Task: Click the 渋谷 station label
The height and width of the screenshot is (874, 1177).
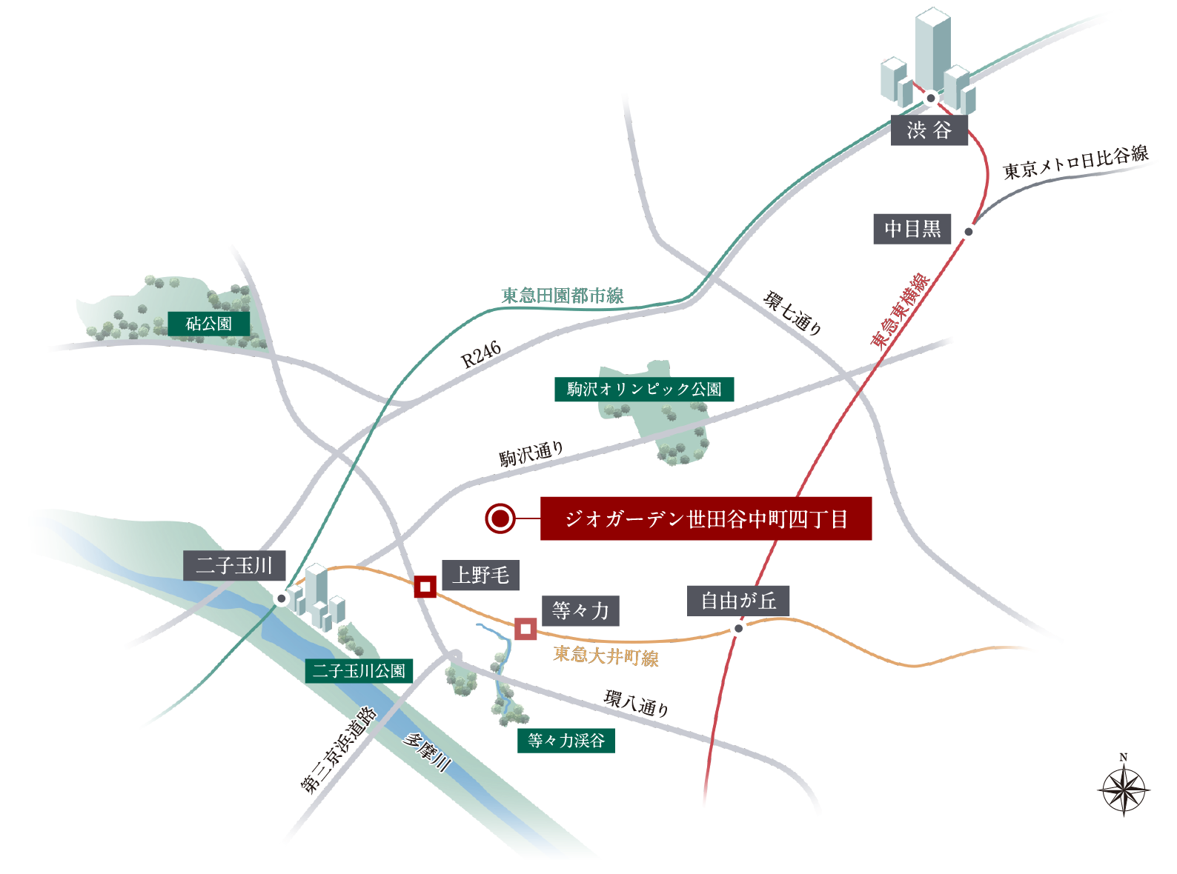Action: (x=929, y=130)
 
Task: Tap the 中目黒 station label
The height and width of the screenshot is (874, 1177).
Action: (x=912, y=229)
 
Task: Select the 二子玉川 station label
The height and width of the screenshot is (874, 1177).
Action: (x=234, y=566)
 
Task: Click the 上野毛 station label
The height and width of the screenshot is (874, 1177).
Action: (x=480, y=575)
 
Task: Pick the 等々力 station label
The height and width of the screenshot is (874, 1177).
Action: (x=580, y=611)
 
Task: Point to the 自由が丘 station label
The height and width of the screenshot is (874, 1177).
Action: (x=738, y=601)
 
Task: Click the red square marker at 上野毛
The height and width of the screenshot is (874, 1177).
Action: (x=425, y=587)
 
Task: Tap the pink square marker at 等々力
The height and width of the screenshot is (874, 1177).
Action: (x=525, y=630)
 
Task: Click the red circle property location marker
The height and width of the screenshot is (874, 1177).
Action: (x=500, y=518)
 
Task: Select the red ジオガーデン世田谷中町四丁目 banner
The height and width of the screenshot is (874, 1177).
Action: (x=706, y=518)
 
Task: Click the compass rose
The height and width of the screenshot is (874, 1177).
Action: (x=1124, y=789)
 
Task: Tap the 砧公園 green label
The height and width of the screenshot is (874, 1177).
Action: (x=208, y=324)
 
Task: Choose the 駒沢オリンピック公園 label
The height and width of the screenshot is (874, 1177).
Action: (x=644, y=389)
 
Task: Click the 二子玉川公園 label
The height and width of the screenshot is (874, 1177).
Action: (x=359, y=671)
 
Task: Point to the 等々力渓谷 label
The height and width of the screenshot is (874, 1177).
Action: (x=566, y=740)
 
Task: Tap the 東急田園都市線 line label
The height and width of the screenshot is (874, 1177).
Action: (x=562, y=296)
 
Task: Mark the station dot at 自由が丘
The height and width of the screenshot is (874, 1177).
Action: (x=738, y=628)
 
